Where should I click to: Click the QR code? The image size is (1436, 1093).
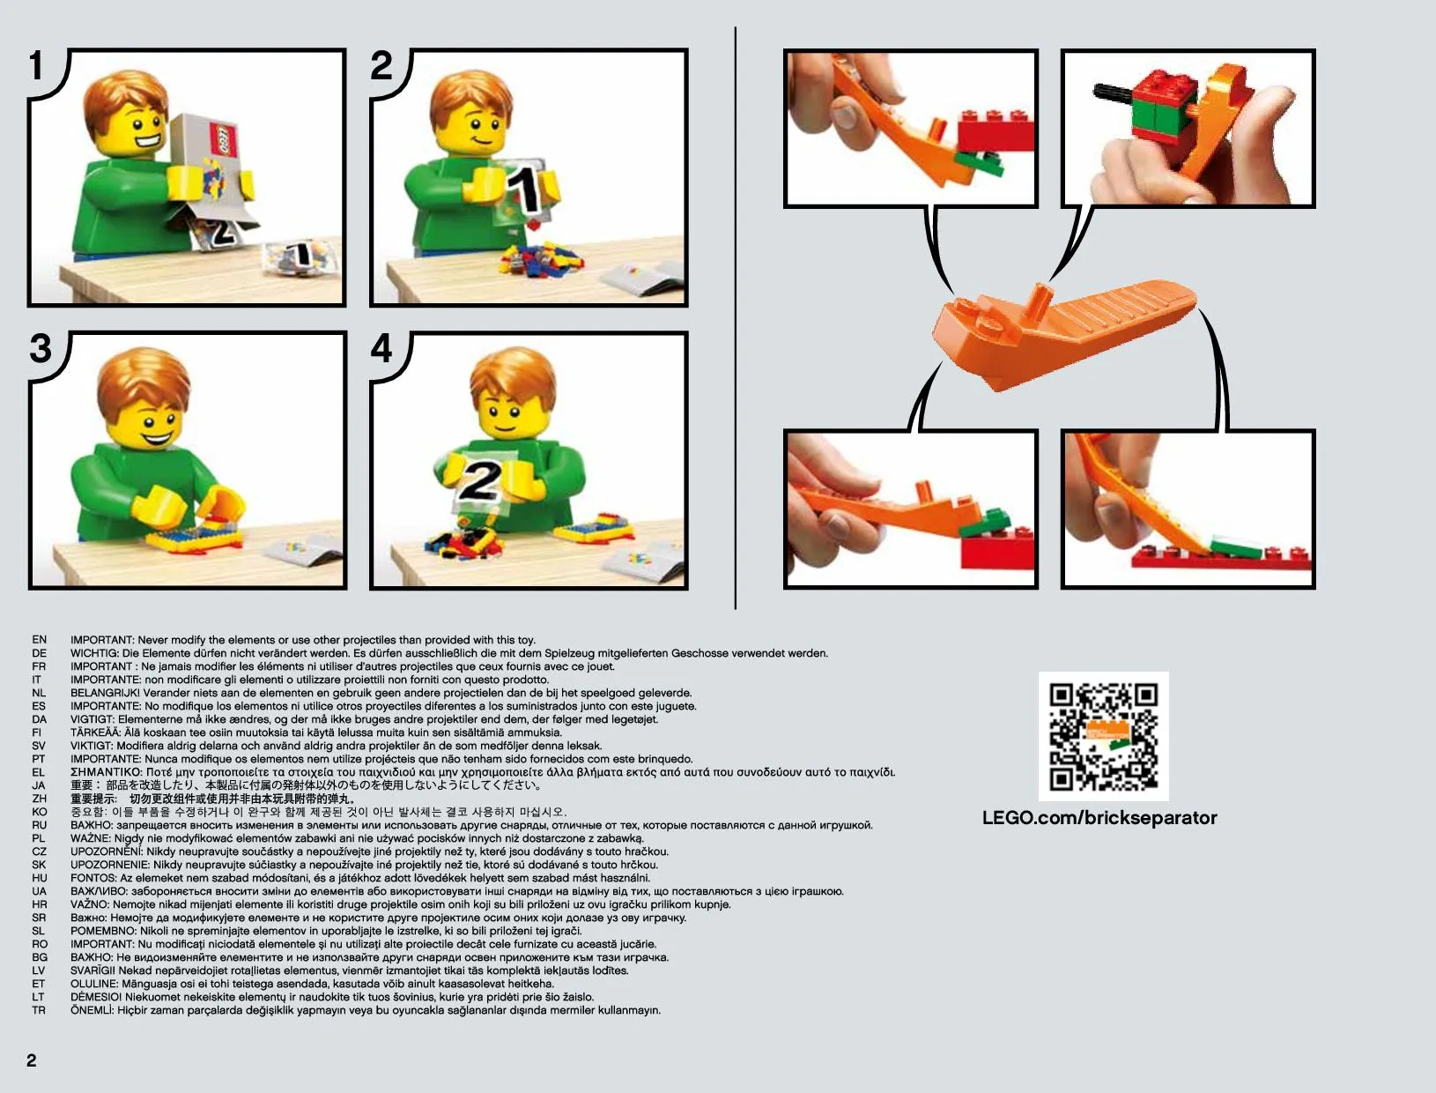click(1103, 736)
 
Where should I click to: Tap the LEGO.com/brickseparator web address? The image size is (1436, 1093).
click(1099, 818)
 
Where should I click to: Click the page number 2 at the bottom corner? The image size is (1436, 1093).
click(32, 1060)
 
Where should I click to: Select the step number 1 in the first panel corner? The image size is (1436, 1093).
click(37, 65)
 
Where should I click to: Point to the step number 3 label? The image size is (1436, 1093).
click(41, 348)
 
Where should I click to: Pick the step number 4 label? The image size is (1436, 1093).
click(381, 348)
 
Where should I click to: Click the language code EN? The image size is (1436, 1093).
click(40, 639)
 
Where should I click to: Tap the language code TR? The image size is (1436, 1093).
click(40, 1010)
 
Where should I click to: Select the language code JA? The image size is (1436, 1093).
click(40, 785)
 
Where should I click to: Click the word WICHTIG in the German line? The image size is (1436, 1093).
click(94, 653)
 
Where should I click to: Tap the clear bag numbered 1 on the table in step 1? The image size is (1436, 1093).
click(301, 257)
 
